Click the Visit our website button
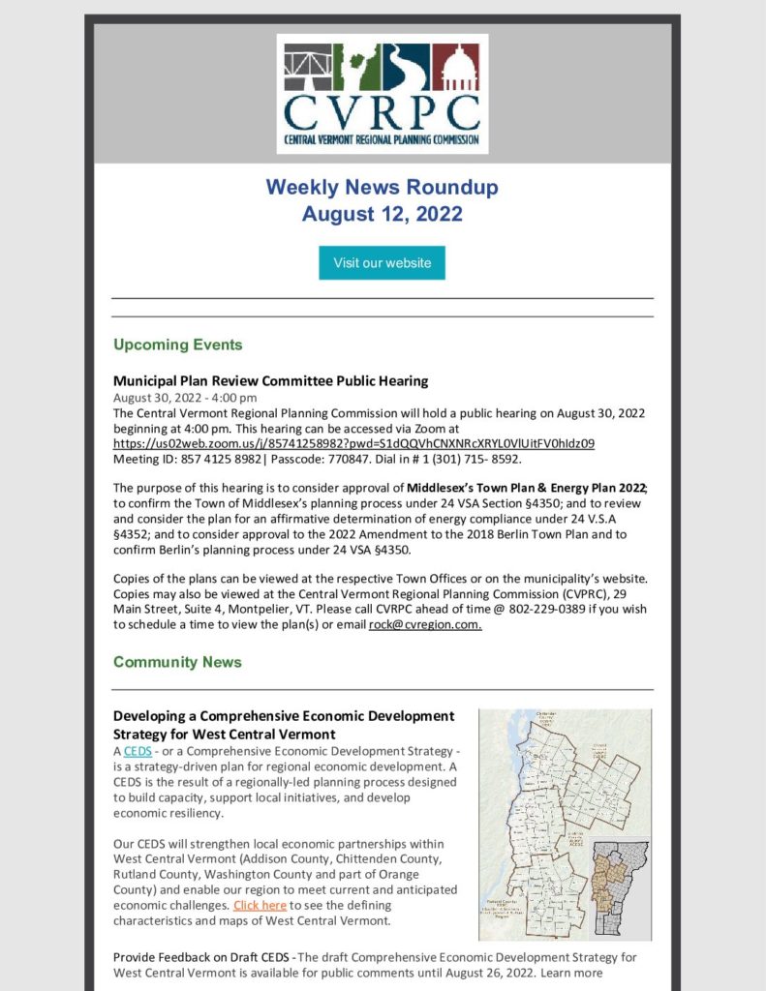pyautogui.click(x=382, y=263)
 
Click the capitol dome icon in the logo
pyautogui.click(x=455, y=67)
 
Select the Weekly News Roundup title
pyautogui.click(x=382, y=187)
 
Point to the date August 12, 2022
pyautogui.click(x=382, y=214)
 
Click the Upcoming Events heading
pyautogui.click(x=177, y=345)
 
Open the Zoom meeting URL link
pyautogui.click(x=353, y=443)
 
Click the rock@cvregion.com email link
pyautogui.click(x=425, y=625)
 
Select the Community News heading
pyautogui.click(x=177, y=662)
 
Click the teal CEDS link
pyautogui.click(x=138, y=752)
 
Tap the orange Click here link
pyautogui.click(x=260, y=905)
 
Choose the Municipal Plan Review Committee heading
pyautogui.click(x=270, y=380)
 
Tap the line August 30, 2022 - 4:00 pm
pyautogui.click(x=185, y=398)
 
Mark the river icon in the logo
pyautogui.click(x=406, y=67)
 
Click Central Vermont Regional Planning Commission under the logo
pyautogui.click(x=382, y=139)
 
